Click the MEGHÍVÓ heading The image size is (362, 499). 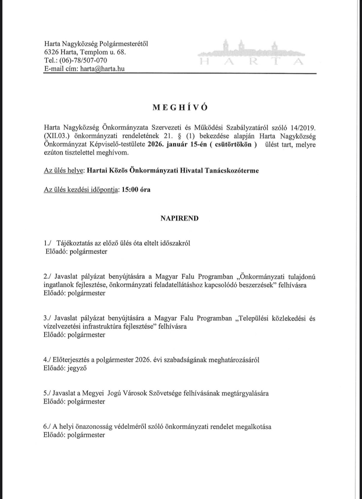tap(180, 108)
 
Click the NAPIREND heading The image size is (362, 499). tap(179, 218)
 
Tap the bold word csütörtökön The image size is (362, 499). tap(233, 144)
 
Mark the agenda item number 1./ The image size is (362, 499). tap(47, 243)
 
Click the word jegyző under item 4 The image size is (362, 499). tap(77, 368)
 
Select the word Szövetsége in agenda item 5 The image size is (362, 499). tap(165, 393)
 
